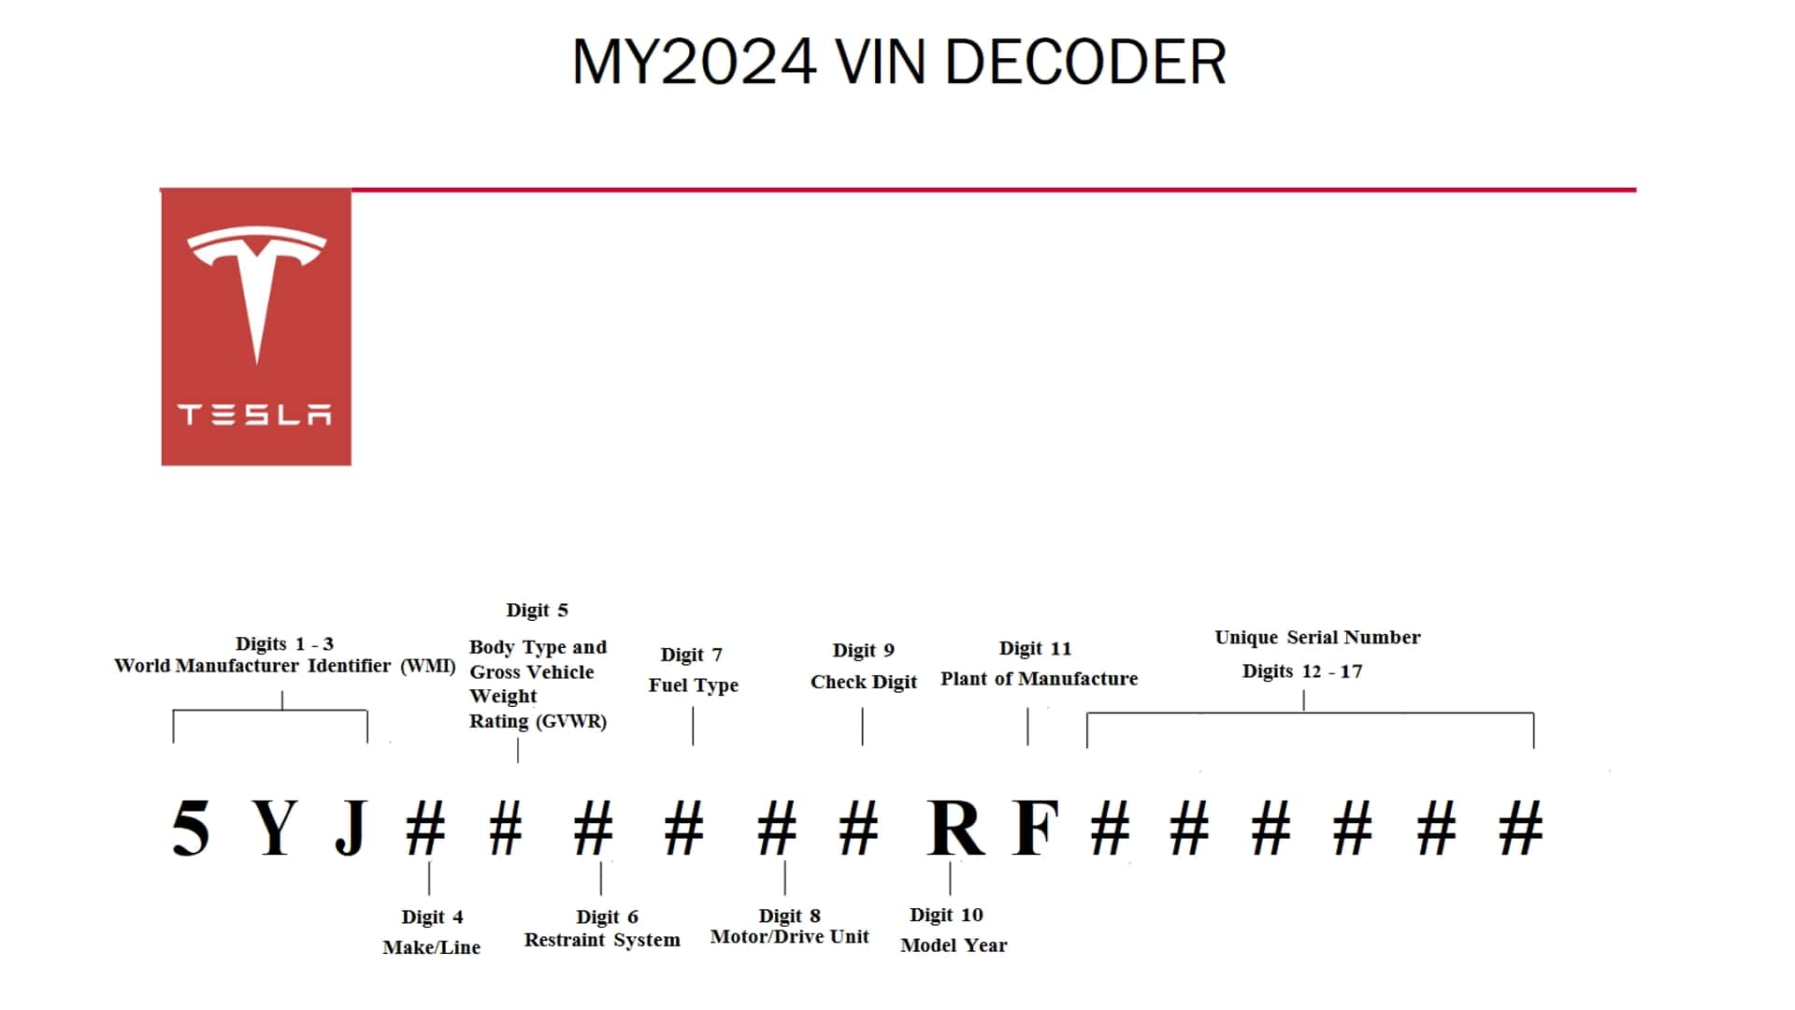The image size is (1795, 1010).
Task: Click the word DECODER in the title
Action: [x=1085, y=63]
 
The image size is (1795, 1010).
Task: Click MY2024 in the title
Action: [x=694, y=63]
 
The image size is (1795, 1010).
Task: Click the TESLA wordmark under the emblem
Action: [x=255, y=414]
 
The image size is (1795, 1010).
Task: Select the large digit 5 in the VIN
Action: [x=191, y=829]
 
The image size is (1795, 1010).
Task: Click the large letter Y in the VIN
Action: [x=275, y=829]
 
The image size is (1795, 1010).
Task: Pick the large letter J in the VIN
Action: [x=351, y=829]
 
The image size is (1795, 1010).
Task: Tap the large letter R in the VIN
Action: [x=955, y=829]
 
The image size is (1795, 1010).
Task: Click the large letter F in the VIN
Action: [x=1036, y=829]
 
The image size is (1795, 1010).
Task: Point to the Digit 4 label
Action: [x=432, y=916]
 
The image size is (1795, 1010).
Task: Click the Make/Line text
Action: [x=431, y=947]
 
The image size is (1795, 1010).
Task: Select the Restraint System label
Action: [x=602, y=940]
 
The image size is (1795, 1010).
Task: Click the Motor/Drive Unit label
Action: [x=789, y=937]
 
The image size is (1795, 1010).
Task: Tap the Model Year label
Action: [x=954, y=945]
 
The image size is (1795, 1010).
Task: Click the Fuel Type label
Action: [x=693, y=685]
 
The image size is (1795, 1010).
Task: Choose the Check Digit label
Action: [x=863, y=682]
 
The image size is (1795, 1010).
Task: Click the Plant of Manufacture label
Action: [x=1039, y=679]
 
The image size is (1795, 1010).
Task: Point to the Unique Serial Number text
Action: [x=1317, y=638]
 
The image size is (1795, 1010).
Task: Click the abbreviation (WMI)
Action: [x=428, y=666]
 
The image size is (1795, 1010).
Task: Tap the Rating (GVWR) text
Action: [x=538, y=721]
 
